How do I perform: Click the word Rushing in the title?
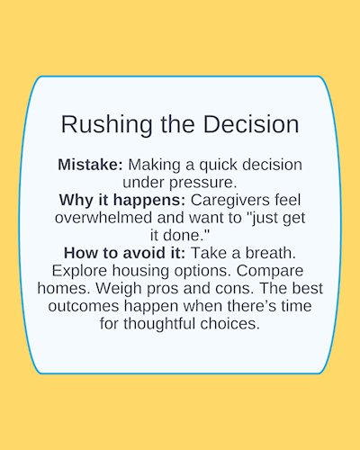pyautogui.click(x=106, y=125)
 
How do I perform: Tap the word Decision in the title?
pyautogui.click(x=251, y=124)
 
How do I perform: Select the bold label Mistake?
pyautogui.click(x=90, y=165)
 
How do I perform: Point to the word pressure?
pyautogui.click(x=203, y=184)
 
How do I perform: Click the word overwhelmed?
pyautogui.click(x=103, y=218)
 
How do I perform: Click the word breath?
pyautogui.click(x=271, y=253)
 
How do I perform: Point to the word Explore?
pyautogui.click(x=79, y=272)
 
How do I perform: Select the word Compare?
pyautogui.click(x=270, y=272)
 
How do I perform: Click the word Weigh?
pyautogui.click(x=119, y=289)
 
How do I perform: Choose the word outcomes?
pyautogui.click(x=84, y=306)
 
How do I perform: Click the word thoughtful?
pyautogui.click(x=159, y=324)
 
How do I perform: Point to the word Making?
pyautogui.click(x=155, y=166)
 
